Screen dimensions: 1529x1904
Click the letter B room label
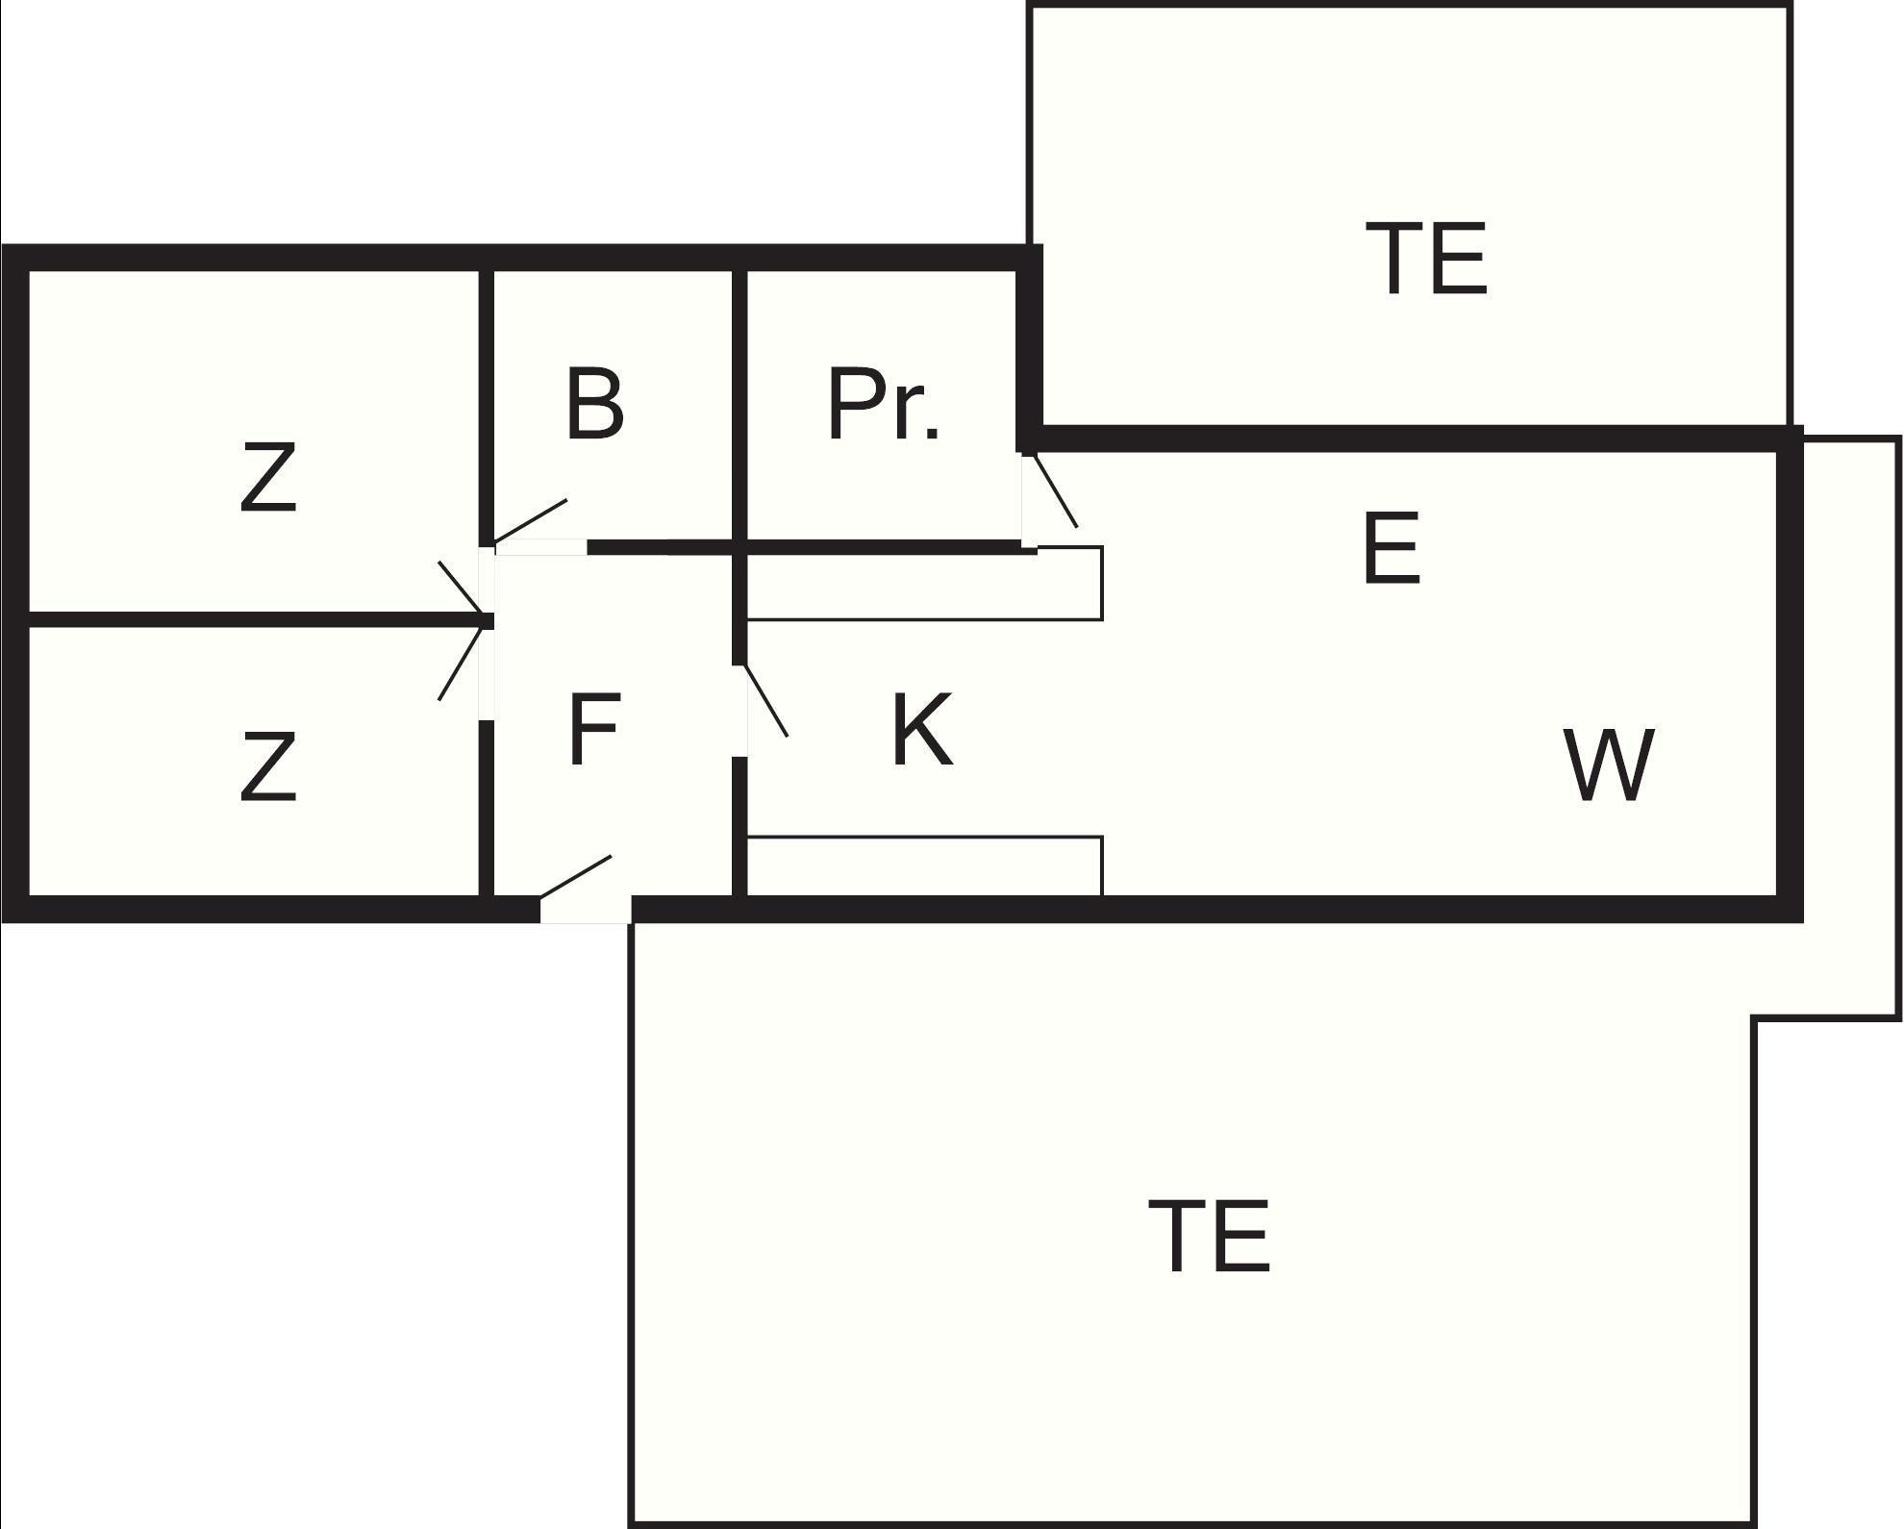(x=594, y=404)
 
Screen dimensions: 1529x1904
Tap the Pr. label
(x=883, y=404)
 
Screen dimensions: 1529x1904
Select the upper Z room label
(x=267, y=477)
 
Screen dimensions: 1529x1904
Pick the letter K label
(x=921, y=731)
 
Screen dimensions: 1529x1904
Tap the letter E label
(x=1391, y=549)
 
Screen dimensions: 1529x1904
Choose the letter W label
(x=1609, y=765)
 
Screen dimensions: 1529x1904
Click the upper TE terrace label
(x=1426, y=259)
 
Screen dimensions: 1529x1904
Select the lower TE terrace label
(x=1210, y=1237)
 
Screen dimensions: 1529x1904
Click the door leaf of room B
(x=530, y=520)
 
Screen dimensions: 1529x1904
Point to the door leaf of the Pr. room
(x=1055, y=491)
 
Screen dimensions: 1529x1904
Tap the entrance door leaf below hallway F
(x=575, y=877)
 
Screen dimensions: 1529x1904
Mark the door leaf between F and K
(x=766, y=701)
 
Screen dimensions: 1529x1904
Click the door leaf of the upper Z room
(x=462, y=589)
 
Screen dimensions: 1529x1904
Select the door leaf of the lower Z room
(x=461, y=661)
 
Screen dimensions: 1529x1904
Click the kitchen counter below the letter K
(x=923, y=866)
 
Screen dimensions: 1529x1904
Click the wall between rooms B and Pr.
(x=739, y=404)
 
